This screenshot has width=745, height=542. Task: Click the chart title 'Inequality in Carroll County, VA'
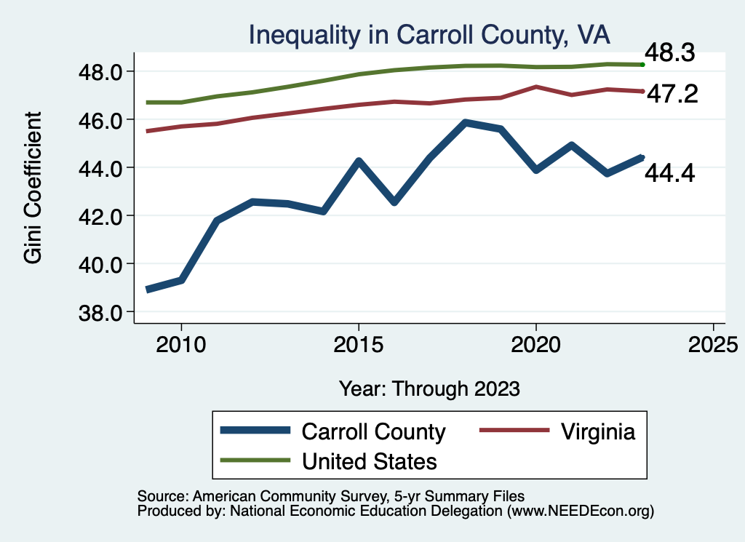tap(429, 35)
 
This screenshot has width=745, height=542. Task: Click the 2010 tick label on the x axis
tap(181, 343)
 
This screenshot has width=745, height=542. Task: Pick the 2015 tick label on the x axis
tap(358, 343)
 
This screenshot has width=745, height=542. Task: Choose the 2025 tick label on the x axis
tap(713, 343)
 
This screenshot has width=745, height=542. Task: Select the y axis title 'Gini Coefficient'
tap(33, 188)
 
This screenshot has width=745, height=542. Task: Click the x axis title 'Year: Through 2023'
tap(429, 388)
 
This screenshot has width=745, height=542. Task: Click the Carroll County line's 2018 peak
tap(465, 122)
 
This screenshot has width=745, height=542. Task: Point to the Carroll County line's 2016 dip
tap(394, 202)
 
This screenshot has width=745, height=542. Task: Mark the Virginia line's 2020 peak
tap(535, 87)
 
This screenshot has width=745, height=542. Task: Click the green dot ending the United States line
tap(642, 65)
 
